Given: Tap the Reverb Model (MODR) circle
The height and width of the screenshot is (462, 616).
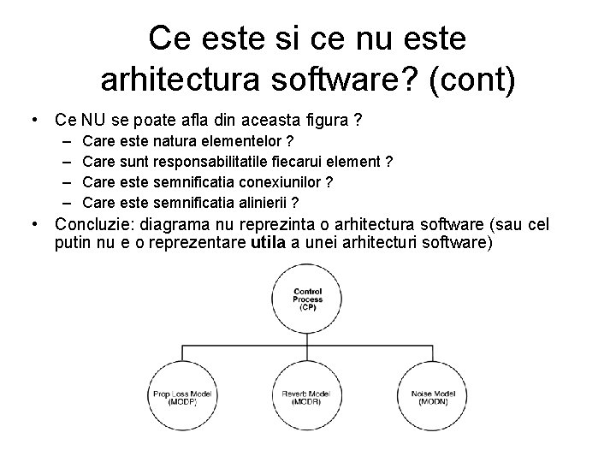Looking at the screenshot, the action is [308, 397].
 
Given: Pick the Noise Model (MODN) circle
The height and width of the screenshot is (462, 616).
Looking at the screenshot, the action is [433, 397].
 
